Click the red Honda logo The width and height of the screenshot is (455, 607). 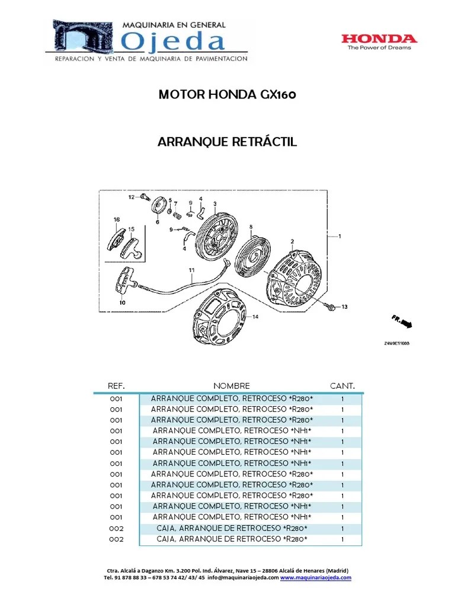pos(379,39)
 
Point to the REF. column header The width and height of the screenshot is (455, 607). pos(116,385)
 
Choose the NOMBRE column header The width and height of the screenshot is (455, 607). pos(232,385)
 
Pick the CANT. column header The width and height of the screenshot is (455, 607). pos(342,385)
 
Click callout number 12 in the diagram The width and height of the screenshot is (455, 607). pos(130,196)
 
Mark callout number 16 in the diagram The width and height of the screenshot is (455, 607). pos(116,219)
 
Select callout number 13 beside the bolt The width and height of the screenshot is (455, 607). pos(344,306)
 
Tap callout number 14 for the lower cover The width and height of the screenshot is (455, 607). pos(255,317)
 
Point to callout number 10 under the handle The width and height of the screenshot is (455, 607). pos(122,303)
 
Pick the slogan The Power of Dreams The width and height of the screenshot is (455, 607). pos(379,48)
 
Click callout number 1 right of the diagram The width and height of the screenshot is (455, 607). pos(339,235)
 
